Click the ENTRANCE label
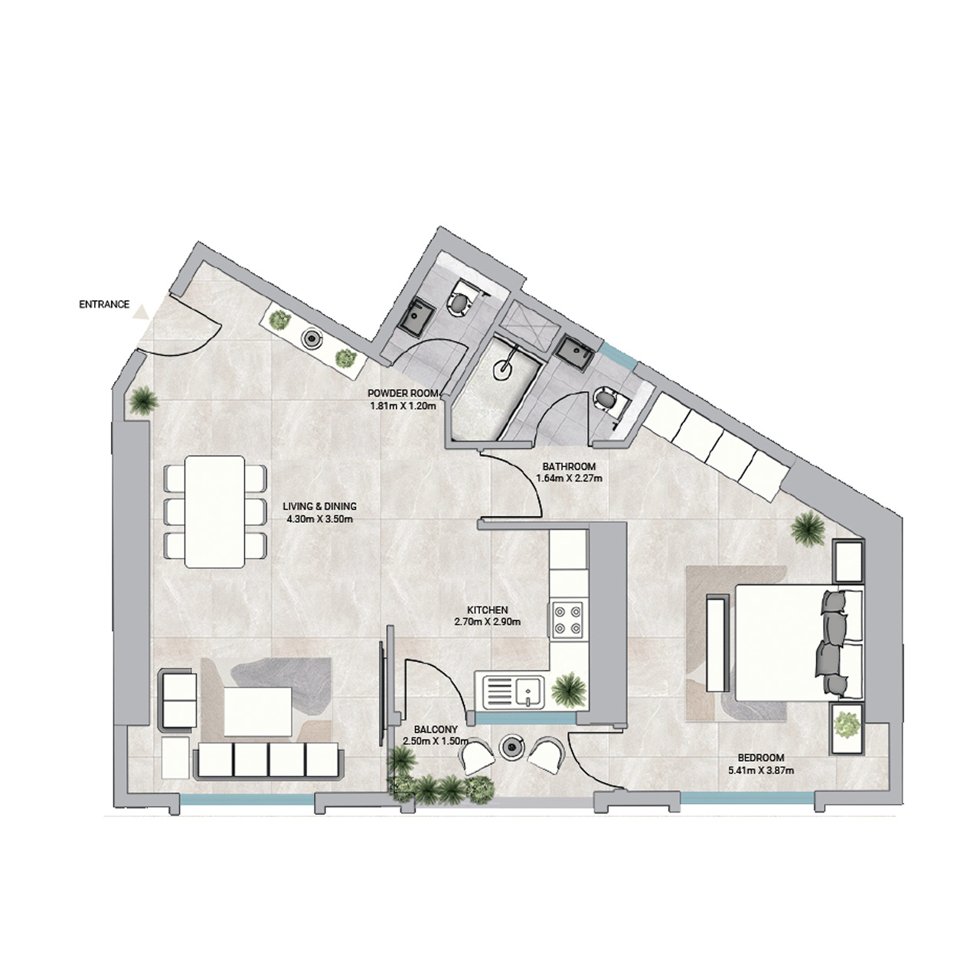104,305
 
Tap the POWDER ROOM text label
402,394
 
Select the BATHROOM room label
569,466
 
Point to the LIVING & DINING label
320,506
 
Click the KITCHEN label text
487,610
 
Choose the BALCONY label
435,730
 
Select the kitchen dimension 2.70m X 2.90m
487,622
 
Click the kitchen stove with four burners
567,619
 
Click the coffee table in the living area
258,710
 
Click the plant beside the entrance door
143,400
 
